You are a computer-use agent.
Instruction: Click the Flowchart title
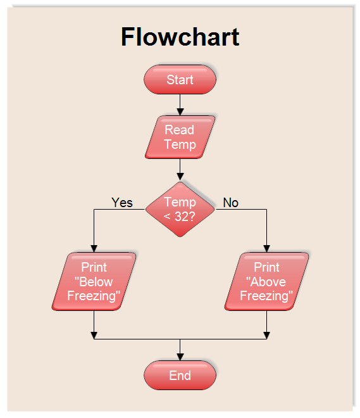pyautogui.click(x=180, y=37)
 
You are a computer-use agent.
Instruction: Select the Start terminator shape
pyautogui.click(x=180, y=80)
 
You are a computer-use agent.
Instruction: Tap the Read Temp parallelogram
pyautogui.click(x=180, y=137)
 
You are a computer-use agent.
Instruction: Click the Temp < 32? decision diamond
pyautogui.click(x=180, y=209)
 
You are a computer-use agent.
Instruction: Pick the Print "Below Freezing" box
pyautogui.click(x=94, y=282)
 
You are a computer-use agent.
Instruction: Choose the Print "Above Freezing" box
pyautogui.click(x=266, y=282)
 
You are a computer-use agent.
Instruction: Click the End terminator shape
pyautogui.click(x=180, y=376)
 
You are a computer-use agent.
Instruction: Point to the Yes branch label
pyautogui.click(x=122, y=203)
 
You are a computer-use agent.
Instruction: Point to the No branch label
pyautogui.click(x=231, y=203)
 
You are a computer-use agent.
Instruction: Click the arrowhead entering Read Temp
pyautogui.click(x=180, y=111)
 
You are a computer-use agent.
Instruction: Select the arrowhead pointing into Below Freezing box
pyautogui.click(x=94, y=248)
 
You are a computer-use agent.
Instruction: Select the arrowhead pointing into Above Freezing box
pyautogui.click(x=266, y=248)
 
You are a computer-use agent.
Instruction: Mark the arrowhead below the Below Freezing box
pyautogui.click(x=94, y=335)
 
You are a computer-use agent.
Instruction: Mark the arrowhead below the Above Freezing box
pyautogui.click(x=266, y=335)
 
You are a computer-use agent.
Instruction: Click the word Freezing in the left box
pyautogui.click(x=94, y=296)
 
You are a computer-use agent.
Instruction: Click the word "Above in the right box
pyautogui.click(x=266, y=282)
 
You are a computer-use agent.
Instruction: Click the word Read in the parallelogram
pyautogui.click(x=180, y=130)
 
